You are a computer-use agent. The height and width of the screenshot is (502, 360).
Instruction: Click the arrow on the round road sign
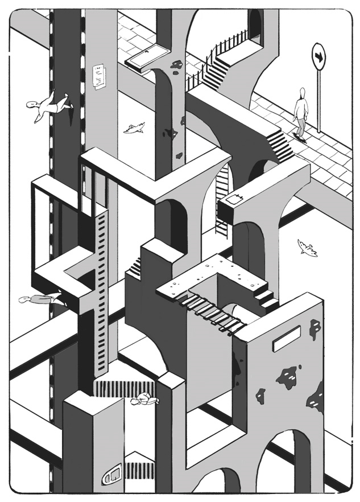319,57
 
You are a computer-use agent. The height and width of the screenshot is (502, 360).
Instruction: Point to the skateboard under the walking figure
300,137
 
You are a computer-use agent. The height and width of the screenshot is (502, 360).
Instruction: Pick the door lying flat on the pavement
148,57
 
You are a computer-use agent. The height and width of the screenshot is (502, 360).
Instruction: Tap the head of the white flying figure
34,105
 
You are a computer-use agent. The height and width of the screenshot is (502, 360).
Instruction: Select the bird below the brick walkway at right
307,248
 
